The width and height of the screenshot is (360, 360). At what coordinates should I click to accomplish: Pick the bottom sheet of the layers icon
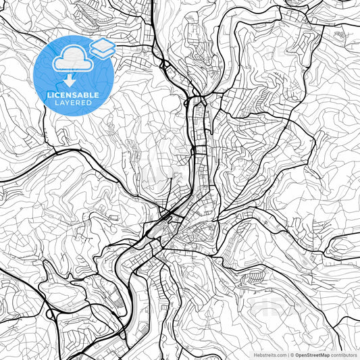[102, 52]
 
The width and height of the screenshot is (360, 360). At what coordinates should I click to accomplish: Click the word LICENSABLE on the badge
[74, 96]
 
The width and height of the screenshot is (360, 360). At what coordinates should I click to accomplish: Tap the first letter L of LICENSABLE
[48, 96]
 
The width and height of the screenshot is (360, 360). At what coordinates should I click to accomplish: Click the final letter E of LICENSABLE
[99, 96]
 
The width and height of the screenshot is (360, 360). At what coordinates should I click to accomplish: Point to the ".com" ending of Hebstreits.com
[280, 354]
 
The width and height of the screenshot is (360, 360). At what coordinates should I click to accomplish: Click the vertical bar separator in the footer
[288, 354]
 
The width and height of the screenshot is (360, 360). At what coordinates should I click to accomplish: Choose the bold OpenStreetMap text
[313, 354]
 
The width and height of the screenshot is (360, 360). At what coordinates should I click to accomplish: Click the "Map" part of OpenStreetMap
[324, 354]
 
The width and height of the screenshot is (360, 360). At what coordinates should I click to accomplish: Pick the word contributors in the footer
[344, 354]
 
